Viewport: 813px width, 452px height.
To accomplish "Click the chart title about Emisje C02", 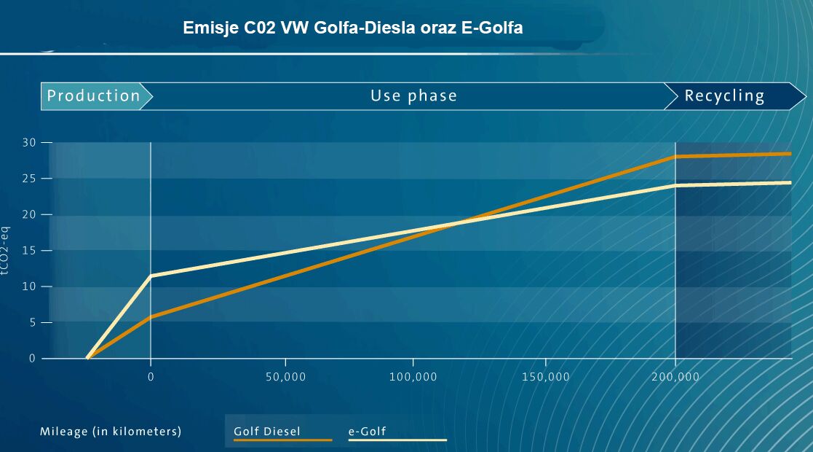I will coord(353,28).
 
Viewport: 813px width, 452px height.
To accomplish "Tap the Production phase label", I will coord(94,96).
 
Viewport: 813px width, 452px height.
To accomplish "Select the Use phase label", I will coord(413,96).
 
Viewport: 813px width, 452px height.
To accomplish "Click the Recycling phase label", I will coord(724,96).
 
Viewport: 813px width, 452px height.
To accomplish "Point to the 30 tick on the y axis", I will coord(28,142).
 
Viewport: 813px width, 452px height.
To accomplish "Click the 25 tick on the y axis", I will coord(28,178).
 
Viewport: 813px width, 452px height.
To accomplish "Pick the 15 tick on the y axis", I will coord(28,250).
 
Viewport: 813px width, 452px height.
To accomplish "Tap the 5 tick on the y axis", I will coord(31,322).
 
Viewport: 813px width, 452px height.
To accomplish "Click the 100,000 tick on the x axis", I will coord(413,377).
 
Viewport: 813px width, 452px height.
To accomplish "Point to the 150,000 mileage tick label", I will coord(546,377).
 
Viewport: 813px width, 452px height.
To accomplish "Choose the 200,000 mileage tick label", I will coord(675,377).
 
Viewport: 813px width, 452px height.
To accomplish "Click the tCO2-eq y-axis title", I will coord(7,249).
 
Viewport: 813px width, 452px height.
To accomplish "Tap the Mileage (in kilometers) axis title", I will coord(111,432).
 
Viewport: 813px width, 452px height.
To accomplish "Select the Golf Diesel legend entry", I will coord(267,432).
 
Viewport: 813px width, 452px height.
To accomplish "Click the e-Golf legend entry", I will coord(368,432).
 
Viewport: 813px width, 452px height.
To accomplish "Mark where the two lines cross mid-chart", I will coord(459,222).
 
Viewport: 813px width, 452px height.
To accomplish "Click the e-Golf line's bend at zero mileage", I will coord(151,276).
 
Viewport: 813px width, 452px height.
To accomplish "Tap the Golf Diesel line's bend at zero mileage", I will coord(151,316).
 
